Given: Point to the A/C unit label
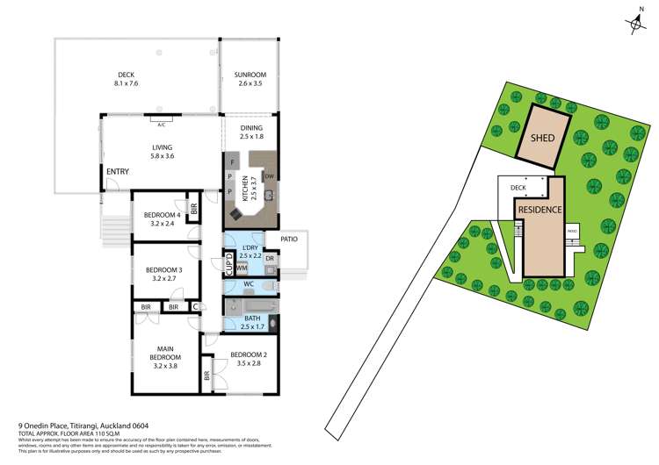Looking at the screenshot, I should pyautogui.click(x=162, y=124).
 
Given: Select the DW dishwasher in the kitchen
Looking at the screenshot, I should pyautogui.click(x=269, y=175).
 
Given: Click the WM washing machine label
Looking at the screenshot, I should pyautogui.click(x=241, y=267).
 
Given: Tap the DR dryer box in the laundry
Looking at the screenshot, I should pyautogui.click(x=270, y=259).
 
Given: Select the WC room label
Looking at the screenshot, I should pyautogui.click(x=250, y=284).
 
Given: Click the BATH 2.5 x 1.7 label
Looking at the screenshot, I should pyautogui.click(x=252, y=322).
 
